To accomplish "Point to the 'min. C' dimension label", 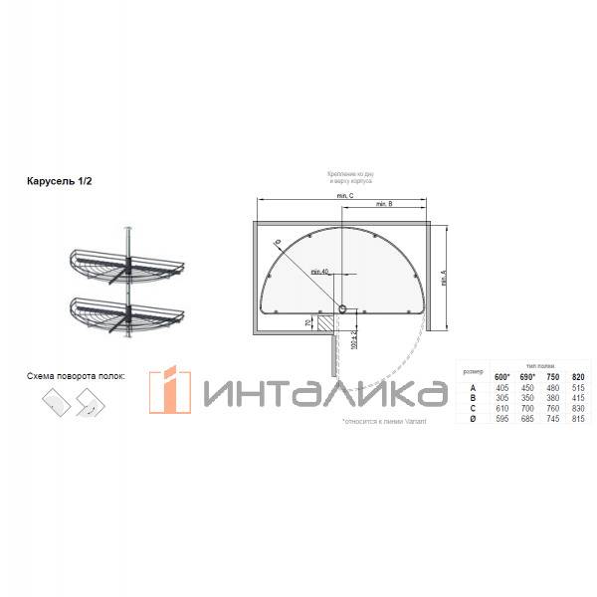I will tap(345, 196).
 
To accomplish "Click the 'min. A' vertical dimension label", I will tap(441, 266).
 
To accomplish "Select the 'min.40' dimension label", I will tap(318, 271).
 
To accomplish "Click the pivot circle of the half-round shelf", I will tap(343, 309).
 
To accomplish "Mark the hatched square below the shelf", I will tap(325, 322).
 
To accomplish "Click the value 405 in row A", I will tap(502, 387).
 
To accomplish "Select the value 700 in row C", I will tap(528, 408).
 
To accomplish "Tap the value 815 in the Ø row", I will tap(579, 419).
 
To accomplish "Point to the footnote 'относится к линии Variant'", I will tap(372, 422).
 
